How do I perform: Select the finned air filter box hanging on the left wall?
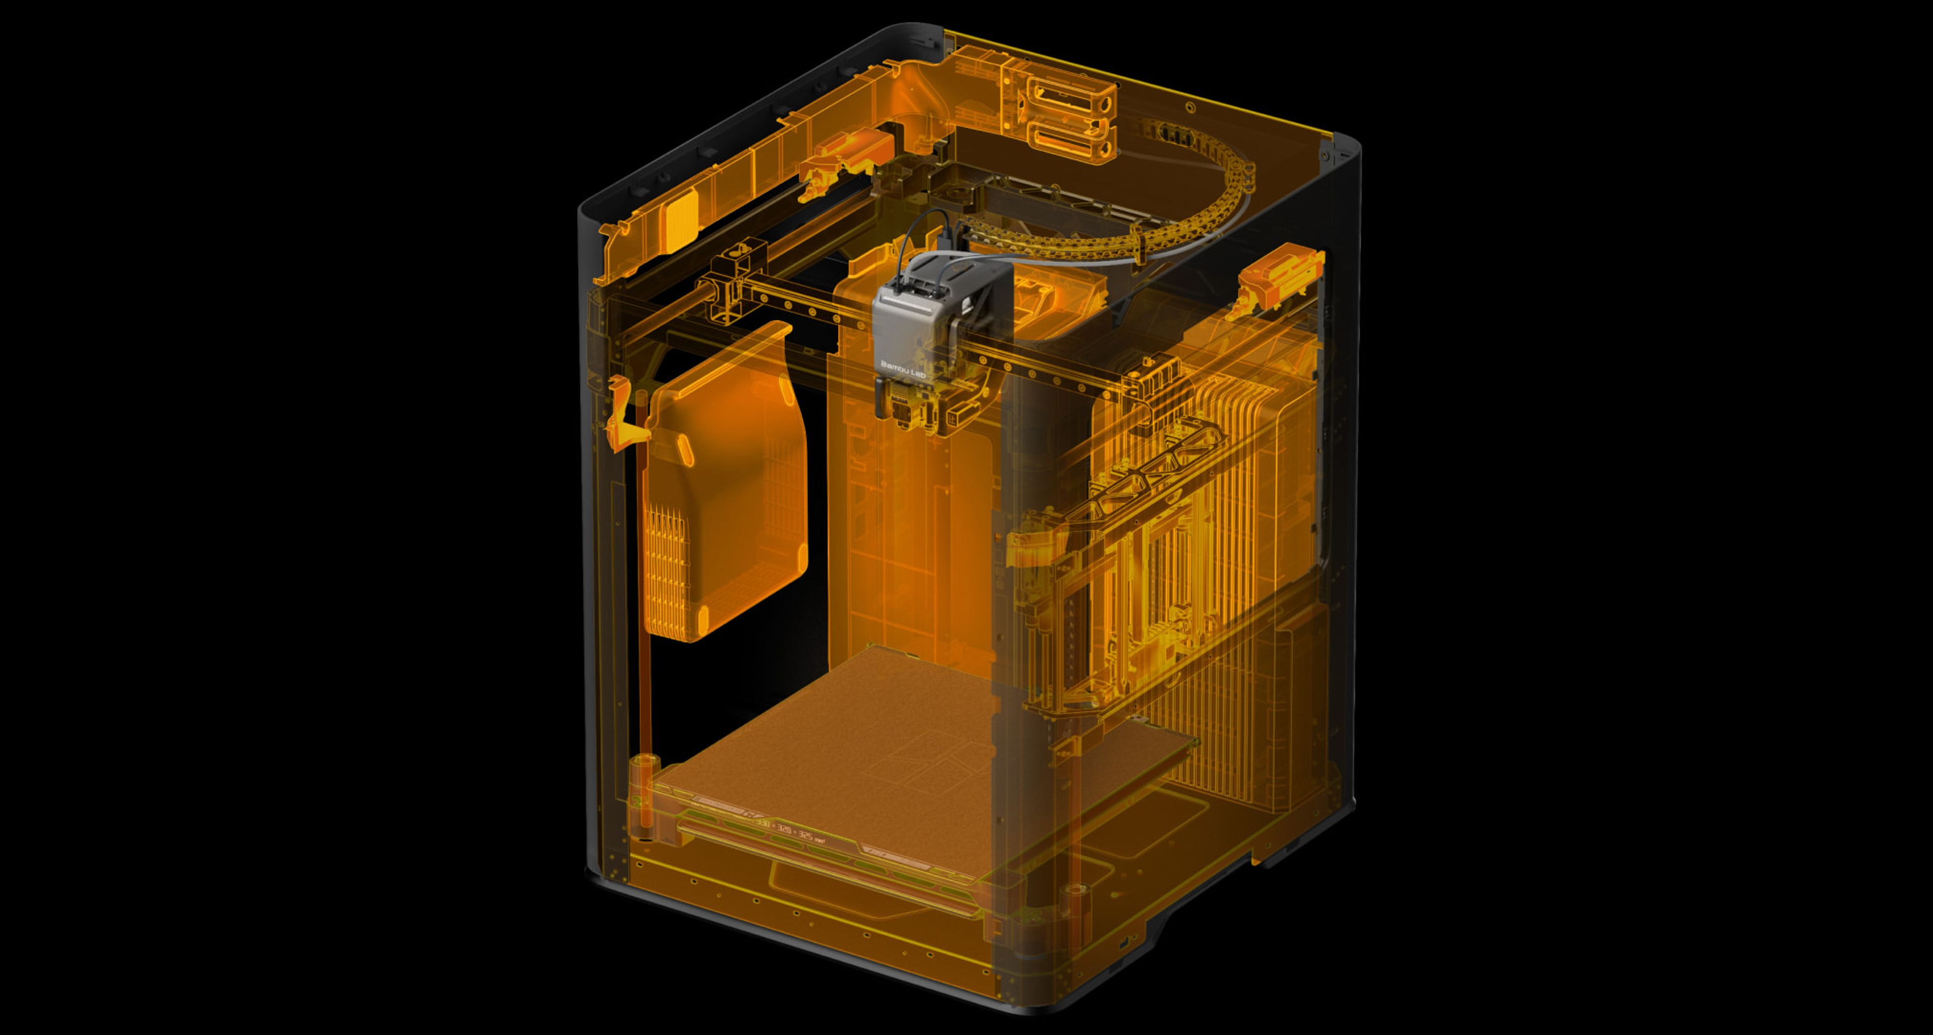tap(724, 488)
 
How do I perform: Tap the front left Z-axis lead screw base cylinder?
tap(646, 773)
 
